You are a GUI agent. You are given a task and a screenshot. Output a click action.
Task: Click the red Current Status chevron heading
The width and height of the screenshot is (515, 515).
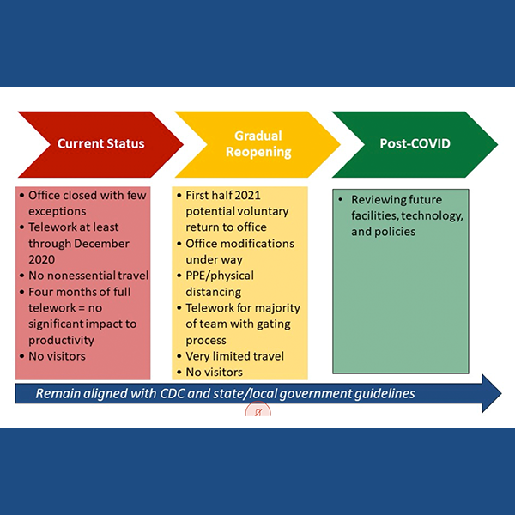[100, 144]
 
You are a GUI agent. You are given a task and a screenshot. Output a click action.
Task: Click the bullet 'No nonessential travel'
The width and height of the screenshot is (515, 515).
[88, 276]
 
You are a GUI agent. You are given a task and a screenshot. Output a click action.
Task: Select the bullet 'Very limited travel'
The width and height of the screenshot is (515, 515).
[235, 356]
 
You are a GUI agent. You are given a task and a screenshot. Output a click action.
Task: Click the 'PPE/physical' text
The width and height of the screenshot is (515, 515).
[226, 276]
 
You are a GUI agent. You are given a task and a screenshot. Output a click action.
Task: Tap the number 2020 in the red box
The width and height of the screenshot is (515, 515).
[43, 259]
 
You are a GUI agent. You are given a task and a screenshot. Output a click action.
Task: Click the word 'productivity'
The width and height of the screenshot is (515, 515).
[61, 340]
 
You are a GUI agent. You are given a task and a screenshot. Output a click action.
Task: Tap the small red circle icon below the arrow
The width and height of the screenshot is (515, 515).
[257, 410]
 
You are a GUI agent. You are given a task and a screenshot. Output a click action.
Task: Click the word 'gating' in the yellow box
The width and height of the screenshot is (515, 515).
[270, 324]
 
